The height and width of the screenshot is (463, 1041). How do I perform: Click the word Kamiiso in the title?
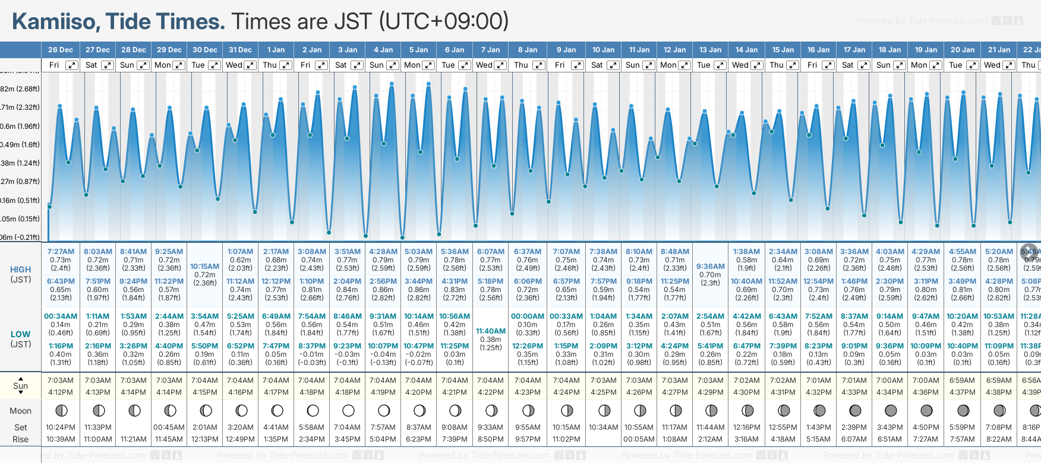point(56,22)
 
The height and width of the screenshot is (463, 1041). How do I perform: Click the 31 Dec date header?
point(240,50)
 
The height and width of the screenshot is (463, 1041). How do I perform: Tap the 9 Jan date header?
point(566,50)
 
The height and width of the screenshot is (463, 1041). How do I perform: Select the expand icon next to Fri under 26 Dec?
point(71,65)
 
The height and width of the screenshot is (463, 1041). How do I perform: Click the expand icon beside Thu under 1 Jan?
point(285,65)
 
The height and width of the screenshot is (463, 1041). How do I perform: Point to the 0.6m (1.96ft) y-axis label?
point(20,126)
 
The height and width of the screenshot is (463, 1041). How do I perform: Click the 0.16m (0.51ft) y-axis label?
point(20,200)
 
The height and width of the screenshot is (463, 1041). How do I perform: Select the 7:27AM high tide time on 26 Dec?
point(61,252)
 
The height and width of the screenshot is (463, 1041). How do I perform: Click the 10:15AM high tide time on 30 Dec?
point(204,267)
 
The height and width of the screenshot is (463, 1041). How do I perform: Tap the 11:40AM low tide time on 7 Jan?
point(491,331)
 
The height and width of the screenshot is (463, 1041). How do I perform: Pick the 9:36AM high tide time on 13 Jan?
point(711,267)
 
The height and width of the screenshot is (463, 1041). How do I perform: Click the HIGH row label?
point(20,269)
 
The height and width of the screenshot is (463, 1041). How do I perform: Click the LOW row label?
point(20,334)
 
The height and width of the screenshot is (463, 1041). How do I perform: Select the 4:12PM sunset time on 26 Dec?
point(61,392)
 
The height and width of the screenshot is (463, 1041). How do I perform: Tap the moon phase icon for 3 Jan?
point(348,411)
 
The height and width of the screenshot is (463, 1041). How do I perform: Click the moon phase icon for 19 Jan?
point(926,411)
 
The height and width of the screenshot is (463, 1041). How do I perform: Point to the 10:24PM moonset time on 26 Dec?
point(61,427)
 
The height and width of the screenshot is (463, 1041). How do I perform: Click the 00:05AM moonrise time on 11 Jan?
point(639,439)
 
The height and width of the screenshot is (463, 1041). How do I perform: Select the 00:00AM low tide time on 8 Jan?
point(528,316)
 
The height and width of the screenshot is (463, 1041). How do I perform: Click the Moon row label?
point(20,411)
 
